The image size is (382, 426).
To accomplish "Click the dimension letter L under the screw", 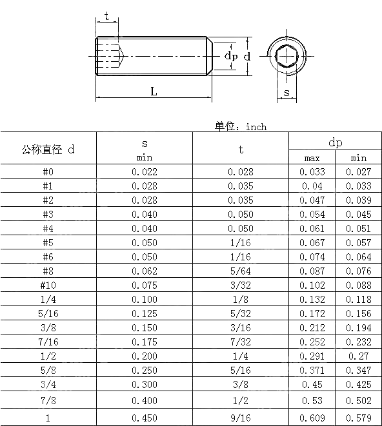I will (x=154, y=92).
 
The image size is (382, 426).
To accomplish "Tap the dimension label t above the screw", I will (x=106, y=16).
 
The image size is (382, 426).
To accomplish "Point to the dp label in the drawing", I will (x=230, y=57).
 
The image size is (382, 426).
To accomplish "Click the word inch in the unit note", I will (x=256, y=127).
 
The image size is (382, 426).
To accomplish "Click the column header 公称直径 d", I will (x=48, y=150).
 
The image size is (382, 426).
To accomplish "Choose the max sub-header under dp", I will (x=312, y=158).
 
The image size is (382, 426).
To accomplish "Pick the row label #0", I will (x=48, y=172).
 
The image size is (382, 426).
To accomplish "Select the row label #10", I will (x=48, y=286).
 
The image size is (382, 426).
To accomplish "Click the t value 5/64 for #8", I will (x=241, y=271).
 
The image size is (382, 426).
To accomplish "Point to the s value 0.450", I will (x=144, y=418).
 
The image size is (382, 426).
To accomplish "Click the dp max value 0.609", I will (x=312, y=418).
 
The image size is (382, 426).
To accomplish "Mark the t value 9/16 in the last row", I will (x=241, y=418).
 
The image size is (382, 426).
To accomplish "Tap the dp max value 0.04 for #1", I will (x=312, y=186).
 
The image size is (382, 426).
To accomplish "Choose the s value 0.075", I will (x=144, y=286).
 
